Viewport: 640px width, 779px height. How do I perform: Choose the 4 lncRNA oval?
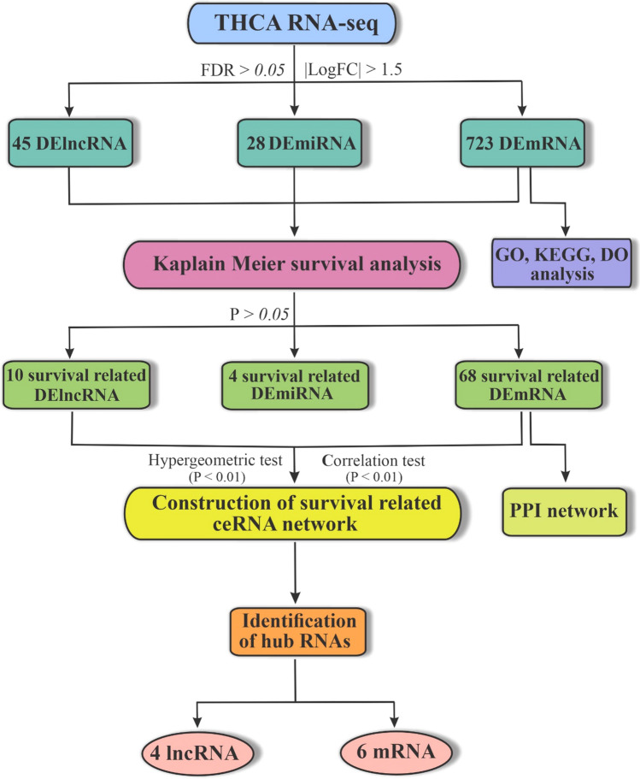pos(201,752)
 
